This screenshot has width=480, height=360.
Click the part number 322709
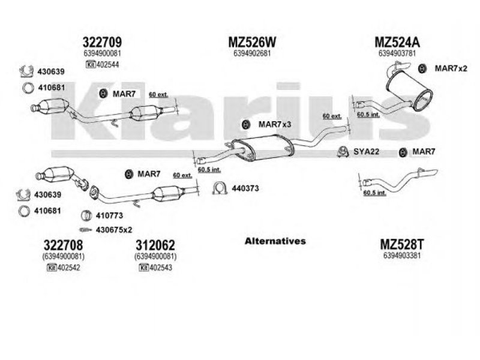(x=102, y=42)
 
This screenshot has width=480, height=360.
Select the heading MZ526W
(x=252, y=42)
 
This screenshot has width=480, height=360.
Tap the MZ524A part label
(x=397, y=42)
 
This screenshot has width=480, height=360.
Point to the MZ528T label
(x=401, y=244)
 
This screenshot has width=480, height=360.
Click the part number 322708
(x=63, y=245)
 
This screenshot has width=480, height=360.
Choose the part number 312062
(x=155, y=245)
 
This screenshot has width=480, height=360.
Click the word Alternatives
(x=275, y=241)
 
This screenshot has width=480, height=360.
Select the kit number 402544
(x=107, y=65)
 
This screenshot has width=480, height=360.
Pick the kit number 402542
(x=68, y=268)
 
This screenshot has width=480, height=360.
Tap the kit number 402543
(x=161, y=268)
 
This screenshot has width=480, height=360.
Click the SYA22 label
(x=367, y=151)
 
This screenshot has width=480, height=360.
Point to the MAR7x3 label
(x=275, y=124)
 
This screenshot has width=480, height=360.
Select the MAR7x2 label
(x=451, y=68)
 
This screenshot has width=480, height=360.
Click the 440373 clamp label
(x=245, y=188)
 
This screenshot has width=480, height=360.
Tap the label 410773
(x=109, y=215)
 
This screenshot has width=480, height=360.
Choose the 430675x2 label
(x=114, y=230)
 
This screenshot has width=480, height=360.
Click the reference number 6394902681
(x=252, y=53)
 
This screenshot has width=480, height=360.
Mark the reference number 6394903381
(x=401, y=256)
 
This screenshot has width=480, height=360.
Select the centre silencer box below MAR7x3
(x=263, y=148)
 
